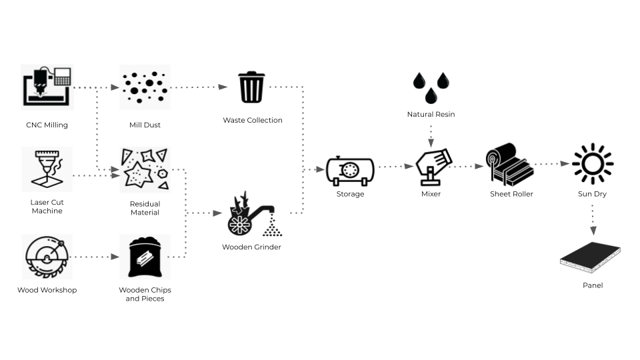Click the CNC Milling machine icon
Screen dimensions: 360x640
click(x=47, y=87)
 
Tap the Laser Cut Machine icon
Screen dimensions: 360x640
click(x=47, y=169)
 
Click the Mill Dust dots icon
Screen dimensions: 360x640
click(x=145, y=87)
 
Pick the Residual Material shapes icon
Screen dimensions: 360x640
click(x=145, y=170)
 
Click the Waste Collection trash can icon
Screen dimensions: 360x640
click(x=252, y=87)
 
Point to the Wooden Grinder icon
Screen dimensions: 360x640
click(x=252, y=215)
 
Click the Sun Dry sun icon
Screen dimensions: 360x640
click(x=592, y=164)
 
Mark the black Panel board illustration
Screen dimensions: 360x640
click(x=591, y=257)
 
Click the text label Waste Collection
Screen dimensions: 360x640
click(x=253, y=121)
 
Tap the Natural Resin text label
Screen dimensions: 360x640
click(x=431, y=115)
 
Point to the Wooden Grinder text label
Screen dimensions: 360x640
click(x=251, y=247)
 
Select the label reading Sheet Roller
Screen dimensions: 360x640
click(x=511, y=194)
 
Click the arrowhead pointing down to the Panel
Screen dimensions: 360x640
click(x=593, y=231)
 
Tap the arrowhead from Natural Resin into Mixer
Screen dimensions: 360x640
click(x=431, y=143)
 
